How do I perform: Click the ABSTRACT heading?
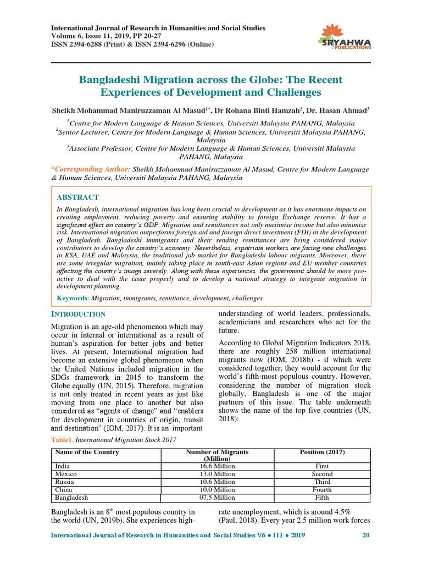pos(78,197)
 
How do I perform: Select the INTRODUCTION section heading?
pos(78,314)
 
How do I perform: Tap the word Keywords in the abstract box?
pos(73,298)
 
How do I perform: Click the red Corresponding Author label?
pos(91,169)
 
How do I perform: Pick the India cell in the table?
pos(62,466)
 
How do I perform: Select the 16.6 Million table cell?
pos(217,466)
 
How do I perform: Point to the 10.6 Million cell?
pos(217,482)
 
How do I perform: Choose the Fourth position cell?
pos(322,489)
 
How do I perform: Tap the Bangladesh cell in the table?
pos(71,498)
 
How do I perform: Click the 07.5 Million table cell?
pos(217,498)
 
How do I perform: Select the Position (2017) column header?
pos(322,452)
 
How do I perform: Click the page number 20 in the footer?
pos(366,535)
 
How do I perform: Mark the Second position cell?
pos(322,473)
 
